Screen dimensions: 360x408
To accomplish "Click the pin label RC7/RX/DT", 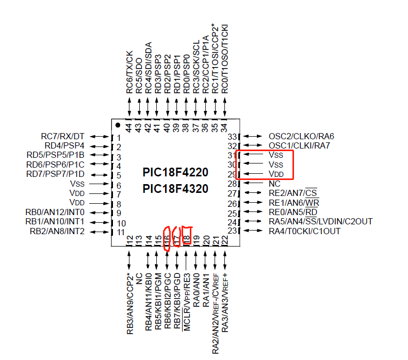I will click(62, 136).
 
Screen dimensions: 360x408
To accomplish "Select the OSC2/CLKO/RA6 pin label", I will click(301, 136).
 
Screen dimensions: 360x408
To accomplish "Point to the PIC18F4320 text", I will click(175, 189).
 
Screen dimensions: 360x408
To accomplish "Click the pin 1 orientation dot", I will click(118, 125).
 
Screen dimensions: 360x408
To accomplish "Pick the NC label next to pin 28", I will click(274, 184).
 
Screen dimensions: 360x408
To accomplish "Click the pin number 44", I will click(129, 126).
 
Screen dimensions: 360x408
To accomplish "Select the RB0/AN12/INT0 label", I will click(55, 212).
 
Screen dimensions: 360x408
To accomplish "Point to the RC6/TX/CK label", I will click(129, 72).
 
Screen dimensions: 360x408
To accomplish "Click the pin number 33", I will click(232, 137).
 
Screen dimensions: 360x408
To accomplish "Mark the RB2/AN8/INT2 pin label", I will click(57, 231).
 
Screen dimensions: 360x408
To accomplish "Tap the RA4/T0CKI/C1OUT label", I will click(305, 231).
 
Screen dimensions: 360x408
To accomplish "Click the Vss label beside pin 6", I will click(77, 184).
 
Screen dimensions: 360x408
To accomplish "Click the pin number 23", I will click(232, 231).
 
